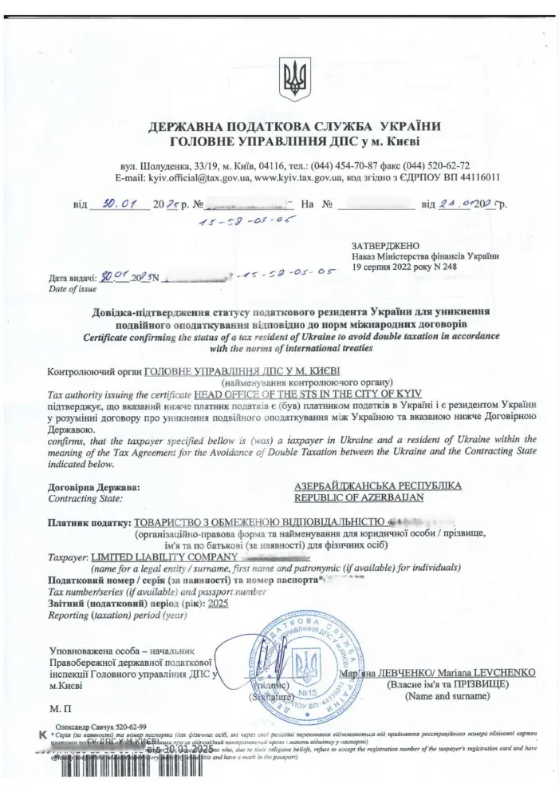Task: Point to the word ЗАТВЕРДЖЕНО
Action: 386,245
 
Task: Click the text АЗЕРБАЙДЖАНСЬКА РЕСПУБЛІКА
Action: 377,485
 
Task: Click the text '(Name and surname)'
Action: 447,696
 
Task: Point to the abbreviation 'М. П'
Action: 61,708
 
